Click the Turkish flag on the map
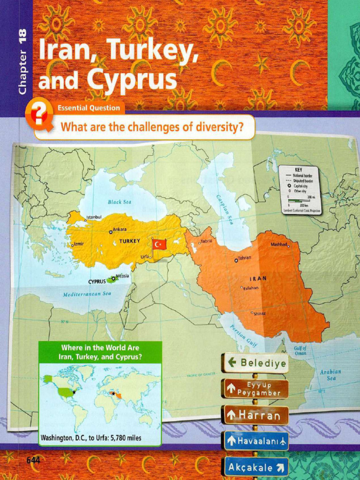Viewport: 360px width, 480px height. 159,244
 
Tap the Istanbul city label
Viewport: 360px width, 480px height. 93,217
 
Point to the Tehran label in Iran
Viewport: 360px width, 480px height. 244,258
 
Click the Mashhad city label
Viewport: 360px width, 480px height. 279,244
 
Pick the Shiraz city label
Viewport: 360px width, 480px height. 259,313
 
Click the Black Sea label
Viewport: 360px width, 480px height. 120,202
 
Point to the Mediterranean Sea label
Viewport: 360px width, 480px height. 87,293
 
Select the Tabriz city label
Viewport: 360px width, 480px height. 206,241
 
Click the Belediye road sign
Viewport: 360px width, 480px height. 256,363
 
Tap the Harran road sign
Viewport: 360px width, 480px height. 256,415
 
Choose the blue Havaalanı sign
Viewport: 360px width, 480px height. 256,441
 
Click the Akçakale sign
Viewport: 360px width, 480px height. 256,467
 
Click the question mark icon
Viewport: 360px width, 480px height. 39,113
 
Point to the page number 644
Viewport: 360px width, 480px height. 33,460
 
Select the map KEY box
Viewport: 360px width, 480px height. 299,190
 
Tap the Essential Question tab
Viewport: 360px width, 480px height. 89,108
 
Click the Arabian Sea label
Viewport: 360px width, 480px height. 331,375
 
